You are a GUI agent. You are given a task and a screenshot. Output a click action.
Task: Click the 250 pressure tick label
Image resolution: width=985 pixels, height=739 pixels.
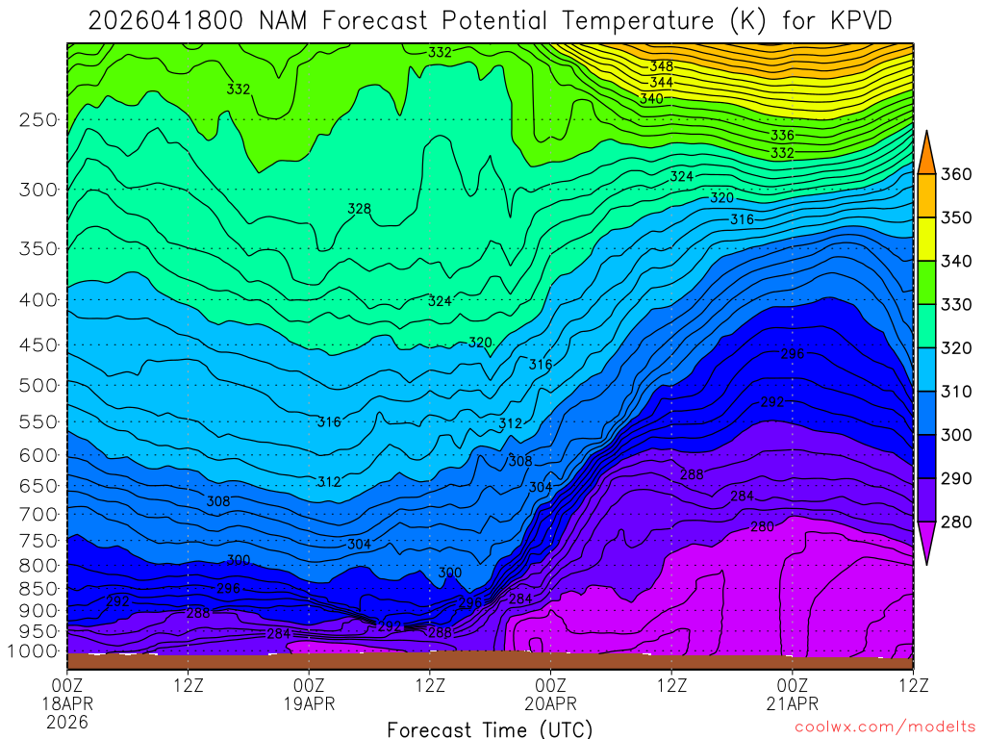[39, 120]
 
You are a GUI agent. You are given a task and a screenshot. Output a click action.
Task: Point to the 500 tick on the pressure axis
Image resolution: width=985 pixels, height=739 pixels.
[39, 386]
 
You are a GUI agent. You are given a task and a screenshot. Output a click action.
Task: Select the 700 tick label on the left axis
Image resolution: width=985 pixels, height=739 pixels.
[39, 513]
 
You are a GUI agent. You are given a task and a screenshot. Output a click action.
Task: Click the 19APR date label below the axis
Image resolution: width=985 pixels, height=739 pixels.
[309, 703]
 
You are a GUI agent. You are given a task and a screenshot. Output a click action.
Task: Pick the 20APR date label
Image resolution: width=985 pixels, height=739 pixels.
[550, 703]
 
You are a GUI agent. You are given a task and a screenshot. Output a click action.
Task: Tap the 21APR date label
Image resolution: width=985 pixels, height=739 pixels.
[792, 703]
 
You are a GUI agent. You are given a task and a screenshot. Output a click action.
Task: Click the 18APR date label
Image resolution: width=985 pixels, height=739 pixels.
[67, 703]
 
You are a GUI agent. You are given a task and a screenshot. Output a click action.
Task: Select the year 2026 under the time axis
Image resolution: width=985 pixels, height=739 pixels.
[67, 721]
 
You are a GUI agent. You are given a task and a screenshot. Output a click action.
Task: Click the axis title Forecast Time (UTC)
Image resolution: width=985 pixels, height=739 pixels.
[490, 729]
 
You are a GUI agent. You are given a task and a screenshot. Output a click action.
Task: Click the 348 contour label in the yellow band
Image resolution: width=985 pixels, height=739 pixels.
[661, 66]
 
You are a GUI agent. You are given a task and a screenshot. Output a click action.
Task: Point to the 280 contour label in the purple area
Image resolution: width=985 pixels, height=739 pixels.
[762, 526]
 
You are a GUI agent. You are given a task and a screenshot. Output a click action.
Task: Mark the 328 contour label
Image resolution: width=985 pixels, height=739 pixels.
[359, 209]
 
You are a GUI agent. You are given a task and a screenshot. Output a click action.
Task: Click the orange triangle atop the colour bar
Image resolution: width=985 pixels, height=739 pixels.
[926, 151]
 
